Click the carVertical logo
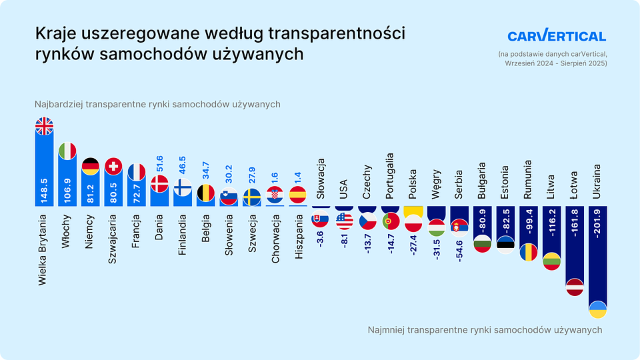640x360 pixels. pos(557,36)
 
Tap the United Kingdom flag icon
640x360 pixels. pos(45,126)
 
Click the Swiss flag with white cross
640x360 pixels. pos(113,166)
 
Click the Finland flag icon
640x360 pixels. pos(183,187)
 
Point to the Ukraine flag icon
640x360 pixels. pos(597,309)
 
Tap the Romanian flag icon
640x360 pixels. pos(529,252)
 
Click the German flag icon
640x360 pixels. pos(91,167)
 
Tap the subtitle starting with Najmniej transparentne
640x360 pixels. pos(485,330)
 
